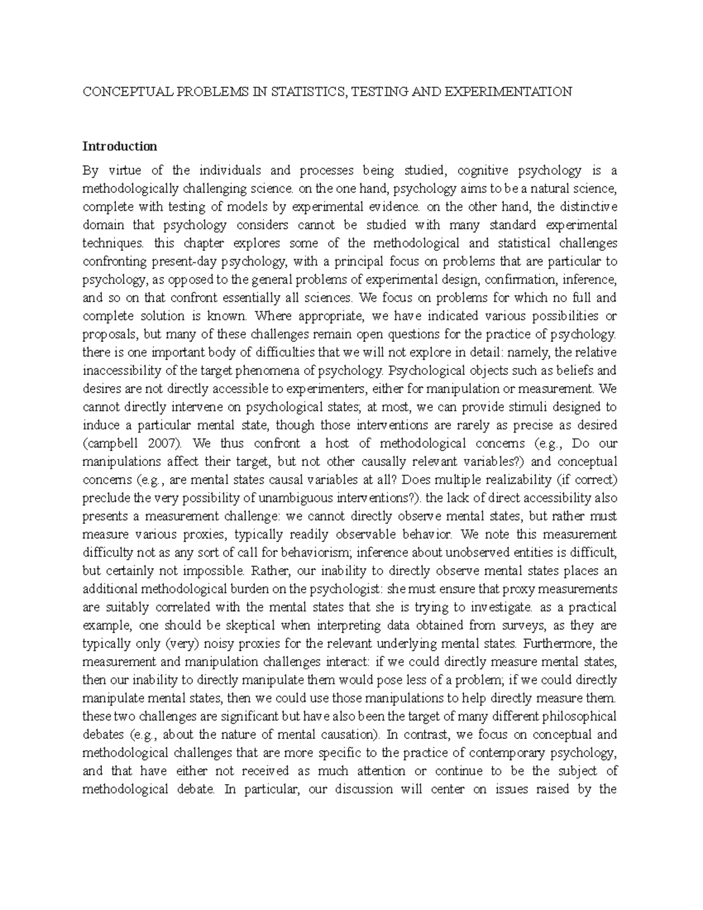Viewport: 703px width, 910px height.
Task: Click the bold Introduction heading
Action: click(120, 146)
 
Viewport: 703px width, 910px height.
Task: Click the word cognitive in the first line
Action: click(482, 171)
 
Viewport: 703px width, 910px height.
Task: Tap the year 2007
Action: click(162, 443)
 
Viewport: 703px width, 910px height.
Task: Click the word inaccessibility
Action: click(124, 370)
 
